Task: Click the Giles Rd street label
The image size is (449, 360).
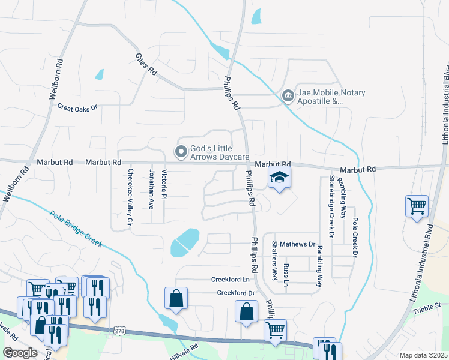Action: click(x=145, y=64)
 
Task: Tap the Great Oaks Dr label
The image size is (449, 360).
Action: click(x=77, y=108)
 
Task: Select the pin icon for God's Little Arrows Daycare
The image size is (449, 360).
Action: click(x=179, y=151)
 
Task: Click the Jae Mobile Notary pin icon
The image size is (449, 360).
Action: click(x=288, y=95)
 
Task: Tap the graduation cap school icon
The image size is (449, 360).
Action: click(x=279, y=178)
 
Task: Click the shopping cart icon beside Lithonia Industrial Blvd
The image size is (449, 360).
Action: click(x=417, y=206)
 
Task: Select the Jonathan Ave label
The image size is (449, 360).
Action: click(x=151, y=188)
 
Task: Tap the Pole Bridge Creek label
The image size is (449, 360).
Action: click(x=77, y=229)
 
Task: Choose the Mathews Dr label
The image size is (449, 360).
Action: click(x=298, y=244)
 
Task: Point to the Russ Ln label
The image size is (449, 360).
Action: click(x=286, y=275)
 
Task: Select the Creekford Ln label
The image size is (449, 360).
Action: click(x=230, y=280)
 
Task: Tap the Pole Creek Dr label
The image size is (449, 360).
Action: click(x=355, y=238)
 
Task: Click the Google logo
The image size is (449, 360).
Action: click(x=20, y=353)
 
